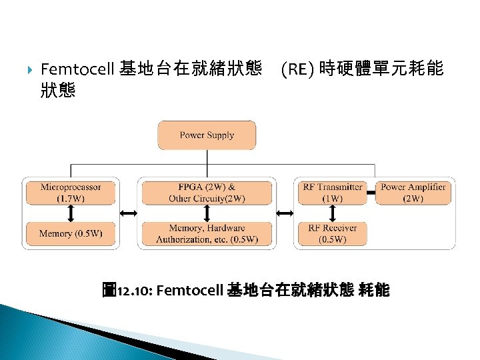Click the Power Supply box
tap(207, 135)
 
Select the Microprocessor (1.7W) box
tap(70, 193)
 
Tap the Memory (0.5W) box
tap(70, 233)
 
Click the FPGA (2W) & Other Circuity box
tap(207, 193)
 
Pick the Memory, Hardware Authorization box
tap(207, 234)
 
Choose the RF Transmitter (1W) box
tap(332, 193)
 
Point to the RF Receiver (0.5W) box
tap(332, 234)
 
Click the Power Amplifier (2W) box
tap(413, 193)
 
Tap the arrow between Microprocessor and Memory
tap(70, 213)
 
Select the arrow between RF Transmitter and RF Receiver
tap(332, 213)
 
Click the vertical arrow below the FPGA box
tap(207, 213)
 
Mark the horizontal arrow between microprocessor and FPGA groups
tap(127, 213)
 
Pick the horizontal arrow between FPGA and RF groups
tap(285, 213)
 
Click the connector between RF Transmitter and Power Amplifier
tap(371, 193)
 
